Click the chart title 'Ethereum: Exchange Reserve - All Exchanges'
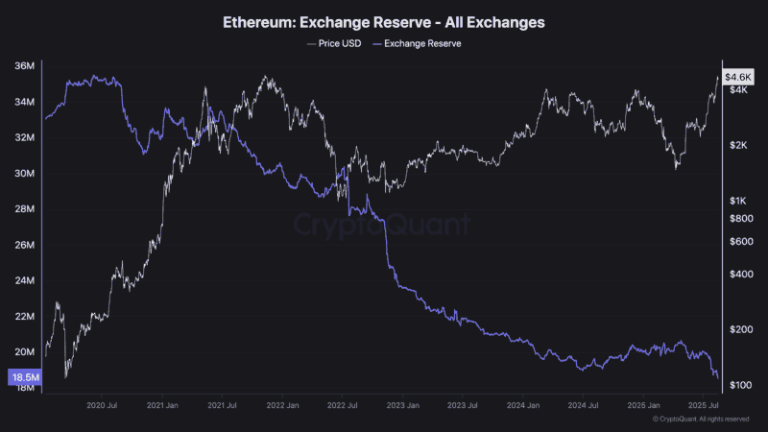(383, 20)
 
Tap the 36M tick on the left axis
(26, 66)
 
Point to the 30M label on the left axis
(26, 174)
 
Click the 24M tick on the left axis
(26, 281)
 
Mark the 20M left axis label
(26, 352)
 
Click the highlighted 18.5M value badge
(24, 378)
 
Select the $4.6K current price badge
(738, 76)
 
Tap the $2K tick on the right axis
(738, 145)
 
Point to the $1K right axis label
(738, 201)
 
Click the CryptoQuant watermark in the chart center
(381, 225)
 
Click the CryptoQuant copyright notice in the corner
(700, 420)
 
